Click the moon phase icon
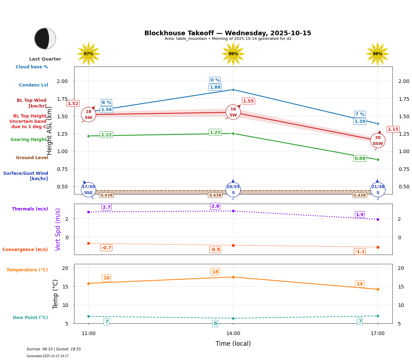coord(45,38)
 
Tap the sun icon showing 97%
coord(88,54)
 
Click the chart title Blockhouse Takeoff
coord(227,33)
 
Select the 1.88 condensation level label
coord(215,87)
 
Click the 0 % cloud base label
coord(215,80)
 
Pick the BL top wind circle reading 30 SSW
coord(377,141)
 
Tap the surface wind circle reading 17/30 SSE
coord(88,189)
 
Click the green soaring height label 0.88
coord(360,158)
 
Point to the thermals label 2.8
coord(215,206)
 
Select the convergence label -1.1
coord(360,252)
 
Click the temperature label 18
coord(215,272)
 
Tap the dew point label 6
coord(215,324)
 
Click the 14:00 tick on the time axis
coord(233,333)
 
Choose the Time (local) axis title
coord(233,344)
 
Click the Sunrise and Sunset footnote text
coord(54,349)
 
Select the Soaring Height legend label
coord(29,140)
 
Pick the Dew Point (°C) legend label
coord(30,318)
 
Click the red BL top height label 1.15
coord(393,129)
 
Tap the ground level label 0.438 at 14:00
coord(215,195)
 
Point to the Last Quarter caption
coord(45,59)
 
